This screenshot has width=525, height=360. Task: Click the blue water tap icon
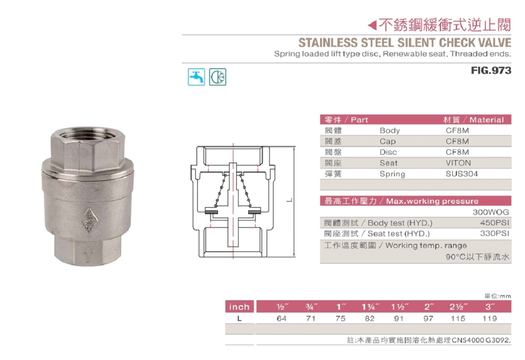click(196, 77)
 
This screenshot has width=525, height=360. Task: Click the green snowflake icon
click(218, 77)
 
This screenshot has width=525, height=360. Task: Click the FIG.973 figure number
click(491, 70)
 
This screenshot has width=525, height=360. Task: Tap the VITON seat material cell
click(458, 163)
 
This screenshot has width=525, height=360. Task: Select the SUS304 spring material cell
click(462, 174)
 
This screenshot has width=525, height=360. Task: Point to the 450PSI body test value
click(495, 222)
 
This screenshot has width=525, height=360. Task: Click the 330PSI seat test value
click(495, 233)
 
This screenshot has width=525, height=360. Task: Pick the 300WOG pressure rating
click(491, 212)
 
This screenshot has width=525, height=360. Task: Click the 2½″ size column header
click(459, 307)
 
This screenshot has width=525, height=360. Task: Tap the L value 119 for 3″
click(490, 319)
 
